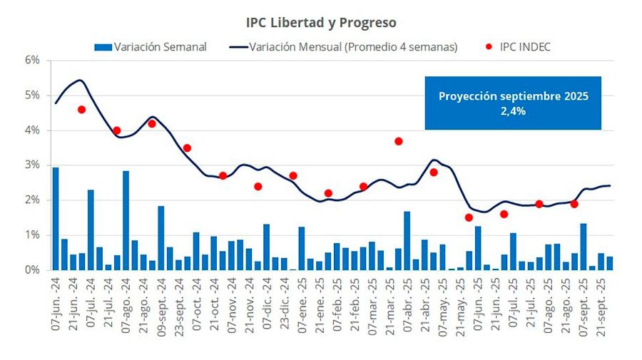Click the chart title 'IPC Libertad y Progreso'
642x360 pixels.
point(321,24)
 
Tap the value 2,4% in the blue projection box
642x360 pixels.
point(513,110)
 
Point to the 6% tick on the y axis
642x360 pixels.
point(32,61)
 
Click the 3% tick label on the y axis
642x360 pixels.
point(32,165)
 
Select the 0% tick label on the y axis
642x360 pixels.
point(32,270)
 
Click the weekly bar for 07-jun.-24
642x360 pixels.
point(56,219)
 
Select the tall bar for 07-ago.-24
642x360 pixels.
point(126,220)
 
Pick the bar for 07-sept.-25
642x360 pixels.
point(584,247)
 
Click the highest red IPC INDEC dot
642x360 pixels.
point(82,110)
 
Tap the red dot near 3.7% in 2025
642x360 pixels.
point(398,141)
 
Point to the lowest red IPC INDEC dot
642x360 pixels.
point(469,217)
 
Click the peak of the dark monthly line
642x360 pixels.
point(79,80)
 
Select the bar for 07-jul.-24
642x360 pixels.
point(91,230)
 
